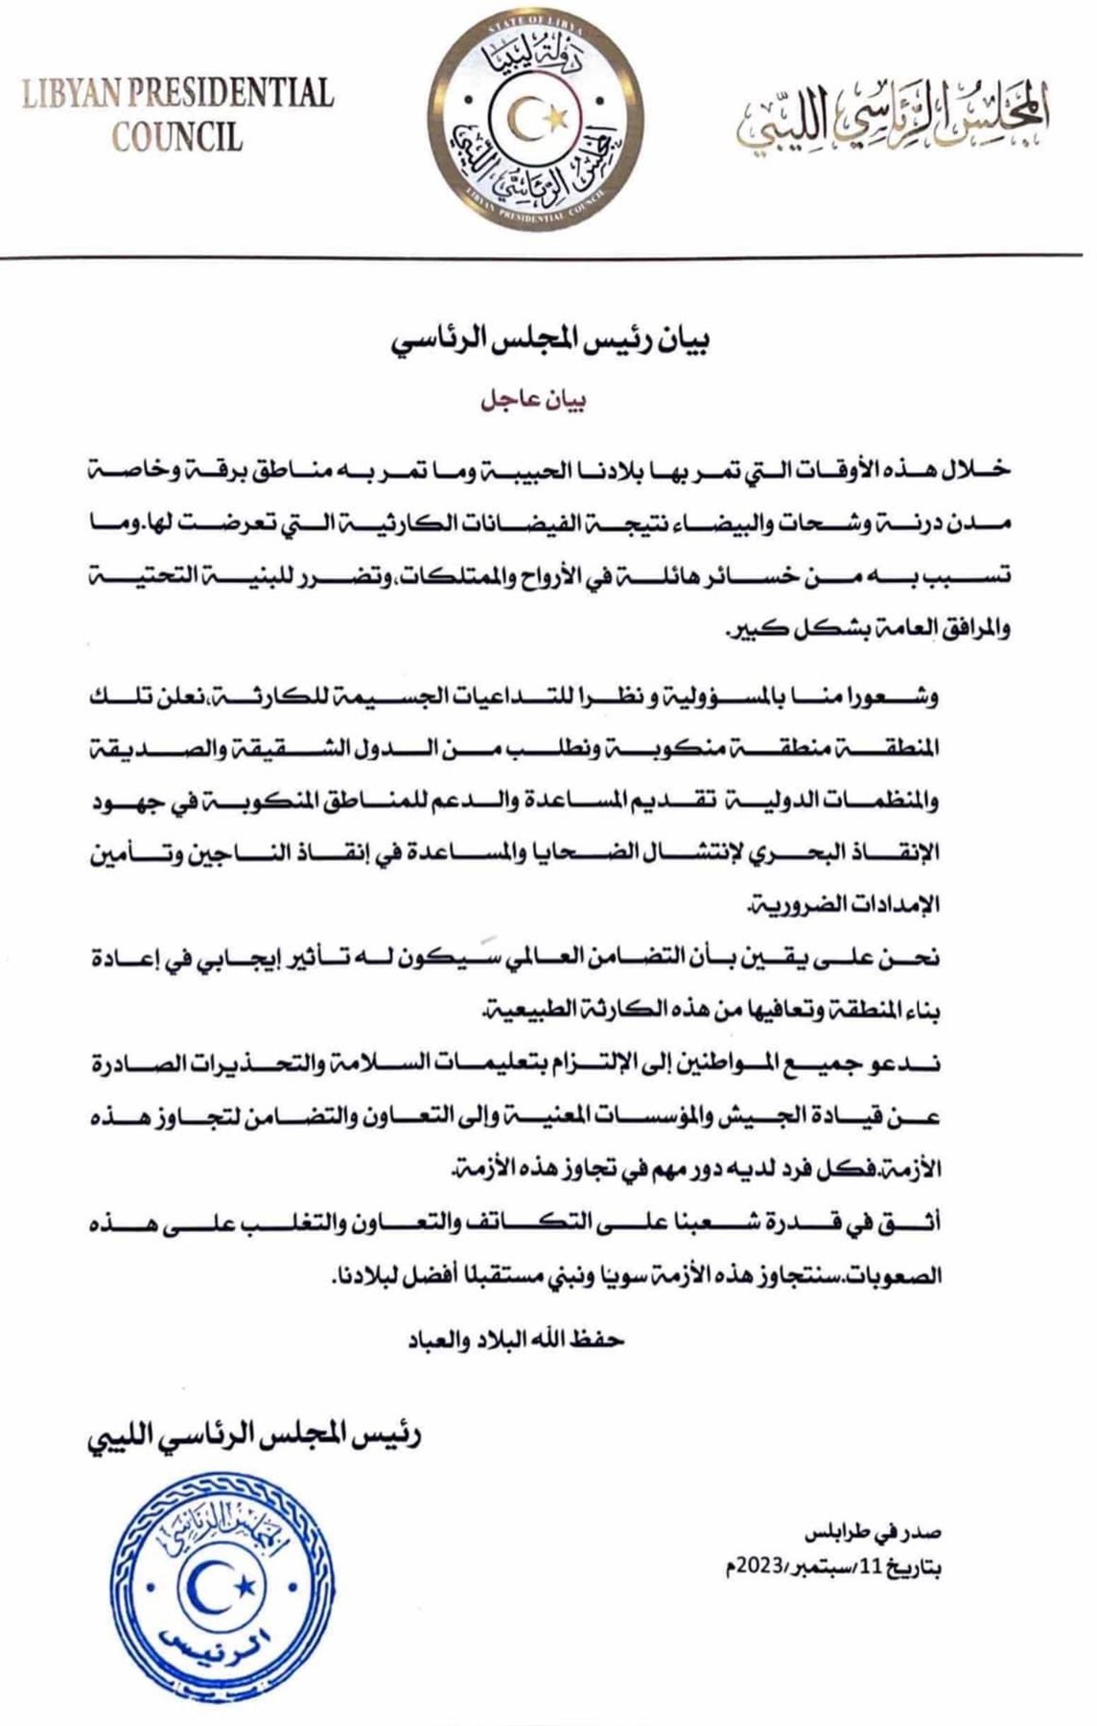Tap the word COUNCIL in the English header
pos(177,136)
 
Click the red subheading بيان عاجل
pos(534,401)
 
